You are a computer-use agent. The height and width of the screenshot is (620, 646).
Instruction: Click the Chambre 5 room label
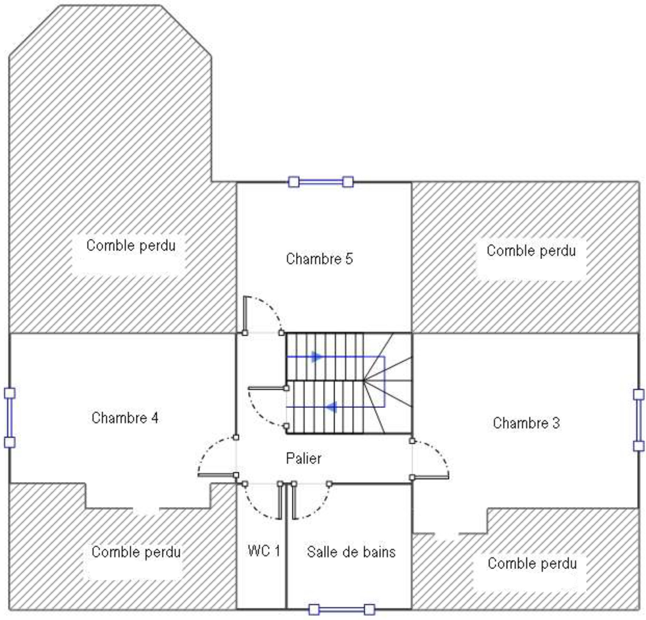pyautogui.click(x=319, y=259)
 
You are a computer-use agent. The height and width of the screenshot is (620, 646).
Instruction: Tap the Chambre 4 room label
pyautogui.click(x=125, y=418)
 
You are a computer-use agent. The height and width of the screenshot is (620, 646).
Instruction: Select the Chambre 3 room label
pyautogui.click(x=526, y=423)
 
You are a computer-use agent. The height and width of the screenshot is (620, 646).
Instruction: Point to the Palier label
pyautogui.click(x=304, y=459)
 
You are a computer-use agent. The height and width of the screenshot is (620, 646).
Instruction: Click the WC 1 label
pyautogui.click(x=264, y=551)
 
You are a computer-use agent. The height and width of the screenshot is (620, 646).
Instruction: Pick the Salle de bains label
pyautogui.click(x=351, y=552)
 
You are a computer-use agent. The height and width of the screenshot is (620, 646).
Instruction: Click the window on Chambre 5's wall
pyautogui.click(x=321, y=182)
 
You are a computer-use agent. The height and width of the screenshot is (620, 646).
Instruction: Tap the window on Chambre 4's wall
pyautogui.click(x=10, y=418)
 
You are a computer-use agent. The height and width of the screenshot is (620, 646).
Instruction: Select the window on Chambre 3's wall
pyautogui.click(x=638, y=420)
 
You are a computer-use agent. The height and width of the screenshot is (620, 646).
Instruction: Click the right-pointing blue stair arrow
pyautogui.click(x=316, y=357)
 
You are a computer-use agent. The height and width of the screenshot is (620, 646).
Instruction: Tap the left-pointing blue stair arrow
pyautogui.click(x=331, y=407)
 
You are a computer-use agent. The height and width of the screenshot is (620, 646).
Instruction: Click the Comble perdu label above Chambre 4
pyautogui.click(x=131, y=245)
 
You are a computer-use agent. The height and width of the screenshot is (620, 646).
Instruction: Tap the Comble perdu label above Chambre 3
pyautogui.click(x=531, y=251)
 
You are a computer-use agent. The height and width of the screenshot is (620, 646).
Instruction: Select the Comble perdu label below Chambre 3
pyautogui.click(x=532, y=563)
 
